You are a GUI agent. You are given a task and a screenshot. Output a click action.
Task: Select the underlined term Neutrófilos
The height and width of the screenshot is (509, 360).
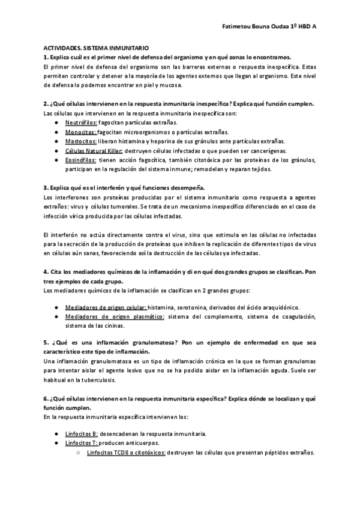pyautogui.click(x=81, y=122)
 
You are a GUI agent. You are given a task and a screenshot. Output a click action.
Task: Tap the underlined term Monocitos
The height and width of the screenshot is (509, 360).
pyautogui.click(x=80, y=132)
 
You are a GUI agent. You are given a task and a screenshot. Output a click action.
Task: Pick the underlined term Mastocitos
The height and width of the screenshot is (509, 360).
pyautogui.click(x=80, y=142)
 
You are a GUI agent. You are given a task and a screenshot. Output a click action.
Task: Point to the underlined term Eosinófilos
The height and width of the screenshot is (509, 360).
pyautogui.click(x=81, y=160)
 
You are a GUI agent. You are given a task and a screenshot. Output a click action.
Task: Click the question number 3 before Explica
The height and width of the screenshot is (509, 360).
pyautogui.click(x=46, y=187)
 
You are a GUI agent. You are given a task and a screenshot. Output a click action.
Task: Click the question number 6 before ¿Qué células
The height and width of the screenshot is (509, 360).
pyautogui.click(x=46, y=399)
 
